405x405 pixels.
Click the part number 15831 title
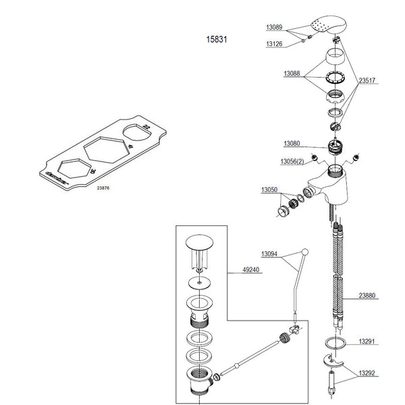click(x=216, y=40)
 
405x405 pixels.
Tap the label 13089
click(x=273, y=28)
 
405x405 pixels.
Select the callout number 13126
click(x=273, y=44)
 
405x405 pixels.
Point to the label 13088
click(x=292, y=72)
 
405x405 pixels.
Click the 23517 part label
click(x=367, y=80)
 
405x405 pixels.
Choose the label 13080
click(x=292, y=143)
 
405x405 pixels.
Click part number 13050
click(x=269, y=191)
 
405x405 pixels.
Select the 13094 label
click(x=270, y=254)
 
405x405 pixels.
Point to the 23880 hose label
click(x=368, y=295)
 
